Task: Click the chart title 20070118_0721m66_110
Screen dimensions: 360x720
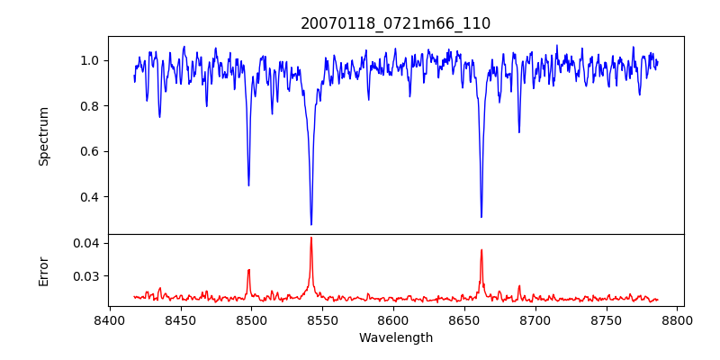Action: point(395,23)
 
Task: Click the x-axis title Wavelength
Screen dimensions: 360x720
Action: point(395,337)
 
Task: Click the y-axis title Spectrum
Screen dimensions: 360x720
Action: point(43,136)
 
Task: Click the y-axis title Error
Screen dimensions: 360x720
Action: point(43,270)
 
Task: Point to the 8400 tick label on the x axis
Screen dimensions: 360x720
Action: point(109,319)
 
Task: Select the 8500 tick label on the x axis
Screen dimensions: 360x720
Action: point(251,319)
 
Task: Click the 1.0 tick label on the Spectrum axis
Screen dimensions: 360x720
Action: point(90,60)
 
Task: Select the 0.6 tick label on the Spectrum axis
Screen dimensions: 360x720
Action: point(90,151)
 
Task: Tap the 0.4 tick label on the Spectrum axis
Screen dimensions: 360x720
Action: point(90,197)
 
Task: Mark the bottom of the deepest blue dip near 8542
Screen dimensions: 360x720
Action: point(311,224)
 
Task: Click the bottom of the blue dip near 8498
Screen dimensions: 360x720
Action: point(248,185)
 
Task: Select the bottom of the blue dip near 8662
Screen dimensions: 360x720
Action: point(481,217)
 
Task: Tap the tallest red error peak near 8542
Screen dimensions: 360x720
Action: point(311,238)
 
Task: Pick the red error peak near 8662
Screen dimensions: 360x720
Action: point(481,250)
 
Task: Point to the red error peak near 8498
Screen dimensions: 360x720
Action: point(248,270)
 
